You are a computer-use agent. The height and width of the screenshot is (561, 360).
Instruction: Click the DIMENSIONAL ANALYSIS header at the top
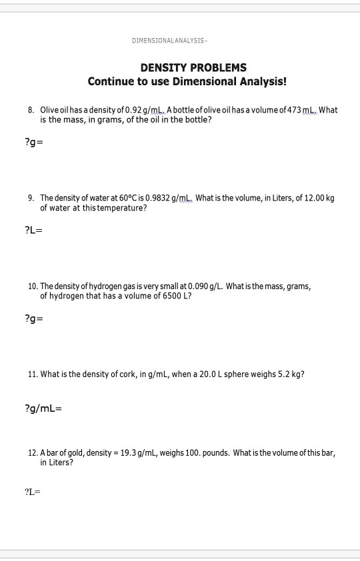pos(171,41)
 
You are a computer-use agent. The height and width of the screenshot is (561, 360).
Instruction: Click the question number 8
pos(31,110)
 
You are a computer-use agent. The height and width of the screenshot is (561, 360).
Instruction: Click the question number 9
pos(31,199)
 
